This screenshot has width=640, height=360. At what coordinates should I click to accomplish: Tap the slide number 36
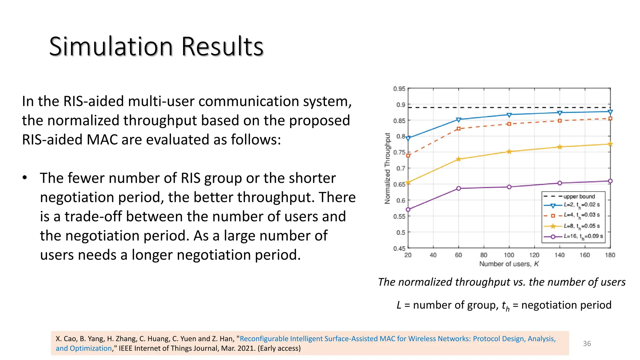[x=587, y=343]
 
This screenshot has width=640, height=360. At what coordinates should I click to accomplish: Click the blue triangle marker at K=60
[x=458, y=120]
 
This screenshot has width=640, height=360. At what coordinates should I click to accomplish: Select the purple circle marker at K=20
[x=408, y=209]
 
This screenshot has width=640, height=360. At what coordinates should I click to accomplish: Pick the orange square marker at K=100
[x=509, y=124]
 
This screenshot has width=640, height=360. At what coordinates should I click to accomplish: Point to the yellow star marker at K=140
[x=560, y=147]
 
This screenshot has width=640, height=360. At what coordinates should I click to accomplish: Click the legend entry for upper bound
[x=579, y=196]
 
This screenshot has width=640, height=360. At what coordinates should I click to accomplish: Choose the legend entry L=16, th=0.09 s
[x=583, y=236]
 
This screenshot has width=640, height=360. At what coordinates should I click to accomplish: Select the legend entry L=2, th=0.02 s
[x=582, y=205]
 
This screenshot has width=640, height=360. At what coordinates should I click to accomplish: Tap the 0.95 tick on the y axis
[x=399, y=89]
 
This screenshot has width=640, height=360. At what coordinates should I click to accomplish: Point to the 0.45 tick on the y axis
[x=399, y=248]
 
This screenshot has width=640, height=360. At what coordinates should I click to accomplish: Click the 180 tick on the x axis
[x=610, y=255]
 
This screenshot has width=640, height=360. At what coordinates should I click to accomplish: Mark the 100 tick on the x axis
[x=509, y=255]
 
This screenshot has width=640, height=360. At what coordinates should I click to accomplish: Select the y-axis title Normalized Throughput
[x=387, y=168]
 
